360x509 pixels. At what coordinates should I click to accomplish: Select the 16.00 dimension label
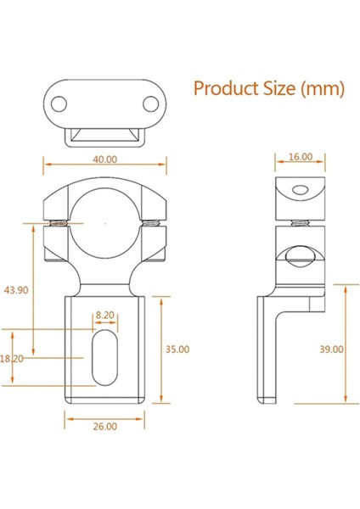click(301, 157)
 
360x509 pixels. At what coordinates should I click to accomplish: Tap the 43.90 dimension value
click(14, 290)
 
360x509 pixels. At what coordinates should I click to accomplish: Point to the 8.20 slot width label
click(105, 314)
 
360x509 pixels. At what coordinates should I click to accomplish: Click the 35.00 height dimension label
click(177, 348)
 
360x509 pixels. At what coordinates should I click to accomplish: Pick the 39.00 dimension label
click(332, 348)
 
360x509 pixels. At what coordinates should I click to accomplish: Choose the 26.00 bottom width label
click(104, 426)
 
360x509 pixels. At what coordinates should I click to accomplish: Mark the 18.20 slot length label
click(12, 359)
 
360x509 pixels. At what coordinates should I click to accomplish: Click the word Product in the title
click(223, 88)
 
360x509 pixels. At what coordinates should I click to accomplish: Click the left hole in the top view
click(59, 104)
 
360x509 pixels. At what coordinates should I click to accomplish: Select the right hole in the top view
click(150, 104)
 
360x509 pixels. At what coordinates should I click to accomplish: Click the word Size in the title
click(276, 88)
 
